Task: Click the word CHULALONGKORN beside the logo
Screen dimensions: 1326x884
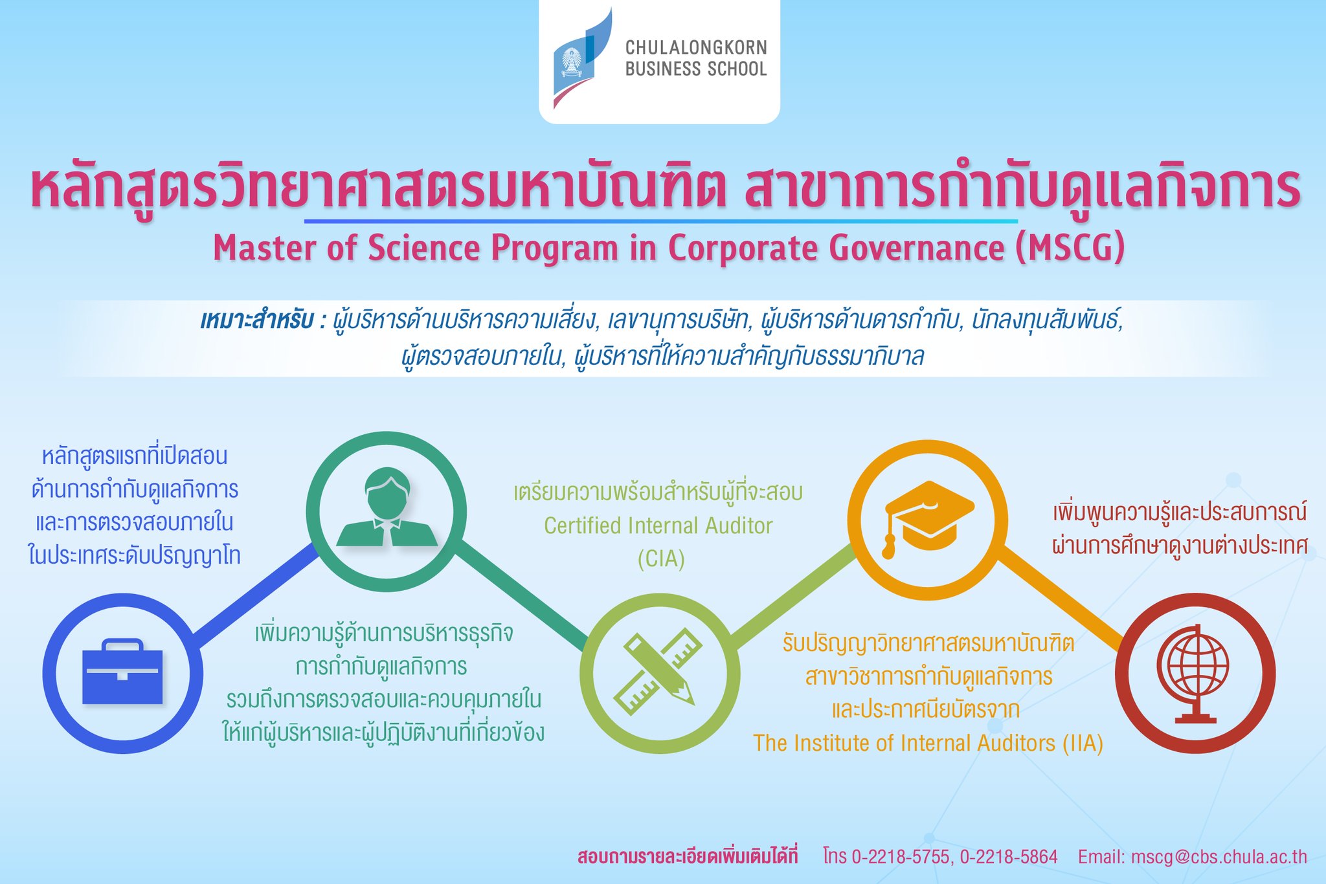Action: (x=696, y=47)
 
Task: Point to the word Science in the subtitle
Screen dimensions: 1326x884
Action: (x=428, y=247)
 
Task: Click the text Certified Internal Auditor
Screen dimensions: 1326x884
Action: (x=658, y=525)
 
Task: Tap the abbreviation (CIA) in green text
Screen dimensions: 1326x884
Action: (x=660, y=558)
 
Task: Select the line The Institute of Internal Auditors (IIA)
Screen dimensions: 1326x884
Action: (x=928, y=743)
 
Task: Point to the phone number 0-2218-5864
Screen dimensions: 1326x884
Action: (x=1008, y=857)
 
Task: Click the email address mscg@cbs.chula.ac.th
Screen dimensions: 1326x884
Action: (x=1219, y=857)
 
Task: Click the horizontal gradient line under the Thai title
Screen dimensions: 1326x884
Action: (x=660, y=221)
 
